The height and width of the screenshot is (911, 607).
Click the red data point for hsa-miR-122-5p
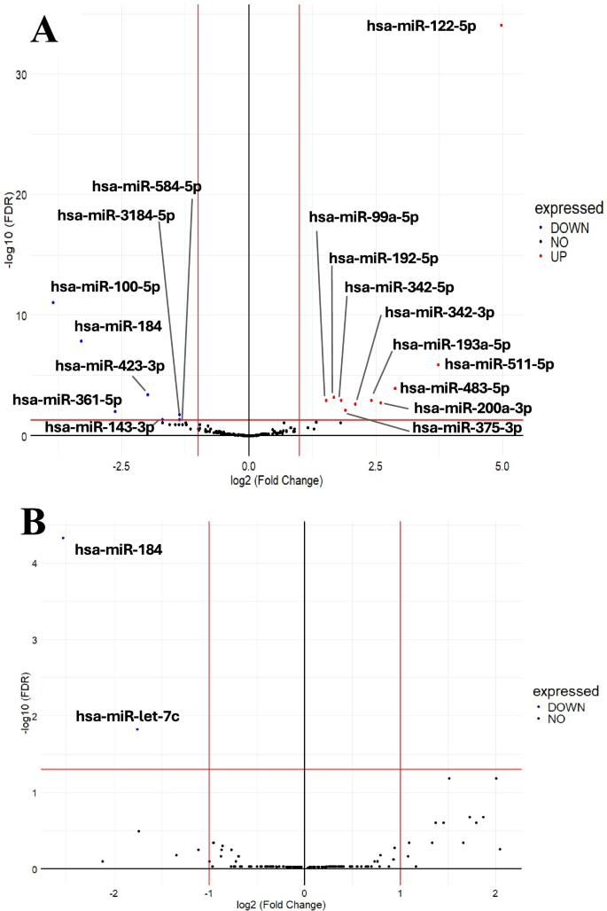502,26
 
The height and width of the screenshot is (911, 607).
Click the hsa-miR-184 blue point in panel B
63,538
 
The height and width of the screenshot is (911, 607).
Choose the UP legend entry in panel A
558,256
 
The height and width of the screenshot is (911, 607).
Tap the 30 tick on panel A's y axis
19,74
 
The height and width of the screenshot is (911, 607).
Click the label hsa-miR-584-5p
147,186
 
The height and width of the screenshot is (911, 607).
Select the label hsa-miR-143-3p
99,427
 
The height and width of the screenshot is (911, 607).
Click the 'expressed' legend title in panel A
568,208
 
